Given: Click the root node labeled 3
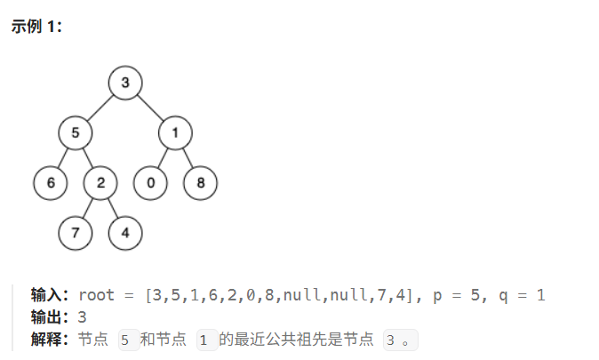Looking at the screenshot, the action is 125,83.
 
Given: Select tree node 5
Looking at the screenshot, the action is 76,132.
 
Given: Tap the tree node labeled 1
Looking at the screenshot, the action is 175,132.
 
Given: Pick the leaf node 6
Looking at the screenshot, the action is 51,183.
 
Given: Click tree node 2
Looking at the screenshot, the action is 100,183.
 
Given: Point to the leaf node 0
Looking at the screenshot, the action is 150,183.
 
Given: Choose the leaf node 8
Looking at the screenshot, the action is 201,183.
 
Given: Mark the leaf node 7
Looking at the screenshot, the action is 76,233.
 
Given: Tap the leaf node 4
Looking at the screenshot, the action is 125,233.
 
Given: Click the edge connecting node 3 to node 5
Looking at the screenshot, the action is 100,108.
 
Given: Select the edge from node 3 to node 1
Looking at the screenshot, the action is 150,108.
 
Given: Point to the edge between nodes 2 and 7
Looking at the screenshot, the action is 88,208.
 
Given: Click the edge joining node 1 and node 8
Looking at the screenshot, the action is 188,158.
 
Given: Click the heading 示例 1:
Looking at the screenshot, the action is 36,27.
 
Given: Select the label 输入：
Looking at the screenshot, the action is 50,295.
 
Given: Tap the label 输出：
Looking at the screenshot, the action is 50,317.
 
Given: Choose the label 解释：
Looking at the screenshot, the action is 50,339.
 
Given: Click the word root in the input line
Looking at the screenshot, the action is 96,295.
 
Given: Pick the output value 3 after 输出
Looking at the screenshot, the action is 82,317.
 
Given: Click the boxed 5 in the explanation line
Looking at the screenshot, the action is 129,340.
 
